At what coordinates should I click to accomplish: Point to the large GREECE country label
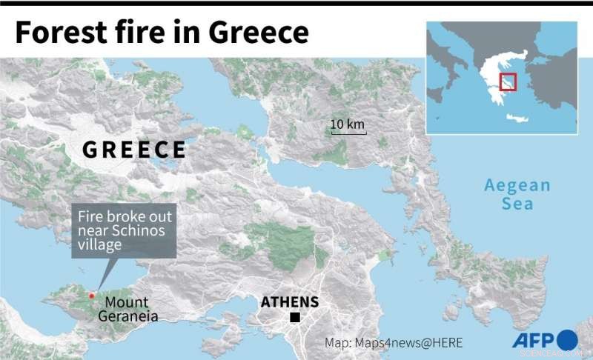click(x=134, y=150)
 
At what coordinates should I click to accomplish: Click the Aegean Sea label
click(x=517, y=194)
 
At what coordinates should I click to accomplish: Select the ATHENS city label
click(x=290, y=302)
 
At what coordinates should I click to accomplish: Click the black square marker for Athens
click(x=295, y=318)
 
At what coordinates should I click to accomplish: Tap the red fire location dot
click(x=92, y=296)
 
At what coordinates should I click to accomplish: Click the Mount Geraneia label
click(x=127, y=310)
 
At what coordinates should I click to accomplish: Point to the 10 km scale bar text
click(x=346, y=124)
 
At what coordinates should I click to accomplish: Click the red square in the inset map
click(x=508, y=81)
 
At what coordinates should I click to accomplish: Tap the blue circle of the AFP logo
click(x=567, y=340)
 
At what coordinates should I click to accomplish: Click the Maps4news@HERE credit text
click(x=394, y=342)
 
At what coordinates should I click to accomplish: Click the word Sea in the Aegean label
click(x=517, y=204)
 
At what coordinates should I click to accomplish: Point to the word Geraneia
click(x=127, y=317)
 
